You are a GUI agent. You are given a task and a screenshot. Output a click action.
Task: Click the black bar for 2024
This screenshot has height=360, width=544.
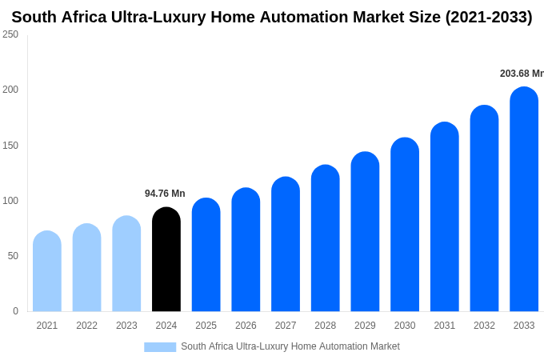click(166, 260)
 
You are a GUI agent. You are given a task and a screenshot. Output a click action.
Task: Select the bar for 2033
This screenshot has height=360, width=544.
click(524, 200)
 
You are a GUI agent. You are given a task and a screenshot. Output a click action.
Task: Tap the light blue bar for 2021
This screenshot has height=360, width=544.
click(47, 272)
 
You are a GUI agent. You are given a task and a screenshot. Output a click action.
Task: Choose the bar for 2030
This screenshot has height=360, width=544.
click(405, 225)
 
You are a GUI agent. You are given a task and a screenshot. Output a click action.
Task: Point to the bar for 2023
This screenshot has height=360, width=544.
click(126, 264)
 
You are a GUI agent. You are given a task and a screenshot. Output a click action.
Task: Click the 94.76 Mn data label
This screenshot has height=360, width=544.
click(165, 194)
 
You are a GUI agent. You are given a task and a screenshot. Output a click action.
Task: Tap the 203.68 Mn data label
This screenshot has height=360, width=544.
click(522, 74)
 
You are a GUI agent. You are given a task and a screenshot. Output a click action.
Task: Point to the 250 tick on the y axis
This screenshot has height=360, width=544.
click(10, 34)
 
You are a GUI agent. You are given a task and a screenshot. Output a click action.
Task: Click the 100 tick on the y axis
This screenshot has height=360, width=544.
click(10, 201)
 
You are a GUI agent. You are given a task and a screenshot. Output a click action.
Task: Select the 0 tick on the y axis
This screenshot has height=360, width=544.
click(15, 311)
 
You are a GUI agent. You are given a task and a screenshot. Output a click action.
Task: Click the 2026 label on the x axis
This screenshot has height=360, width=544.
click(246, 326)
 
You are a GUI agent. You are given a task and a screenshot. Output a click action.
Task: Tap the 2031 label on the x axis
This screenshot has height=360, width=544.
click(445, 326)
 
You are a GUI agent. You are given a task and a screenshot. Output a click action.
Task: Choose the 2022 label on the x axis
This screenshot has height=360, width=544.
click(86, 326)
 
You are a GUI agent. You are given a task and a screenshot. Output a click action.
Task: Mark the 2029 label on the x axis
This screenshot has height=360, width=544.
click(365, 326)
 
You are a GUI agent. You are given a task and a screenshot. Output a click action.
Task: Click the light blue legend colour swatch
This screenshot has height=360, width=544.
click(160, 347)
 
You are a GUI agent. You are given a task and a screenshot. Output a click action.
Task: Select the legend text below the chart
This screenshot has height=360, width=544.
click(290, 346)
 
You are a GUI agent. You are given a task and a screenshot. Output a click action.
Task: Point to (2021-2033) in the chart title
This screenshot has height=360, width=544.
click(488, 17)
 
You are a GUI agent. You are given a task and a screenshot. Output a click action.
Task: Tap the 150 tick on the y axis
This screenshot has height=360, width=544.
click(10, 146)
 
